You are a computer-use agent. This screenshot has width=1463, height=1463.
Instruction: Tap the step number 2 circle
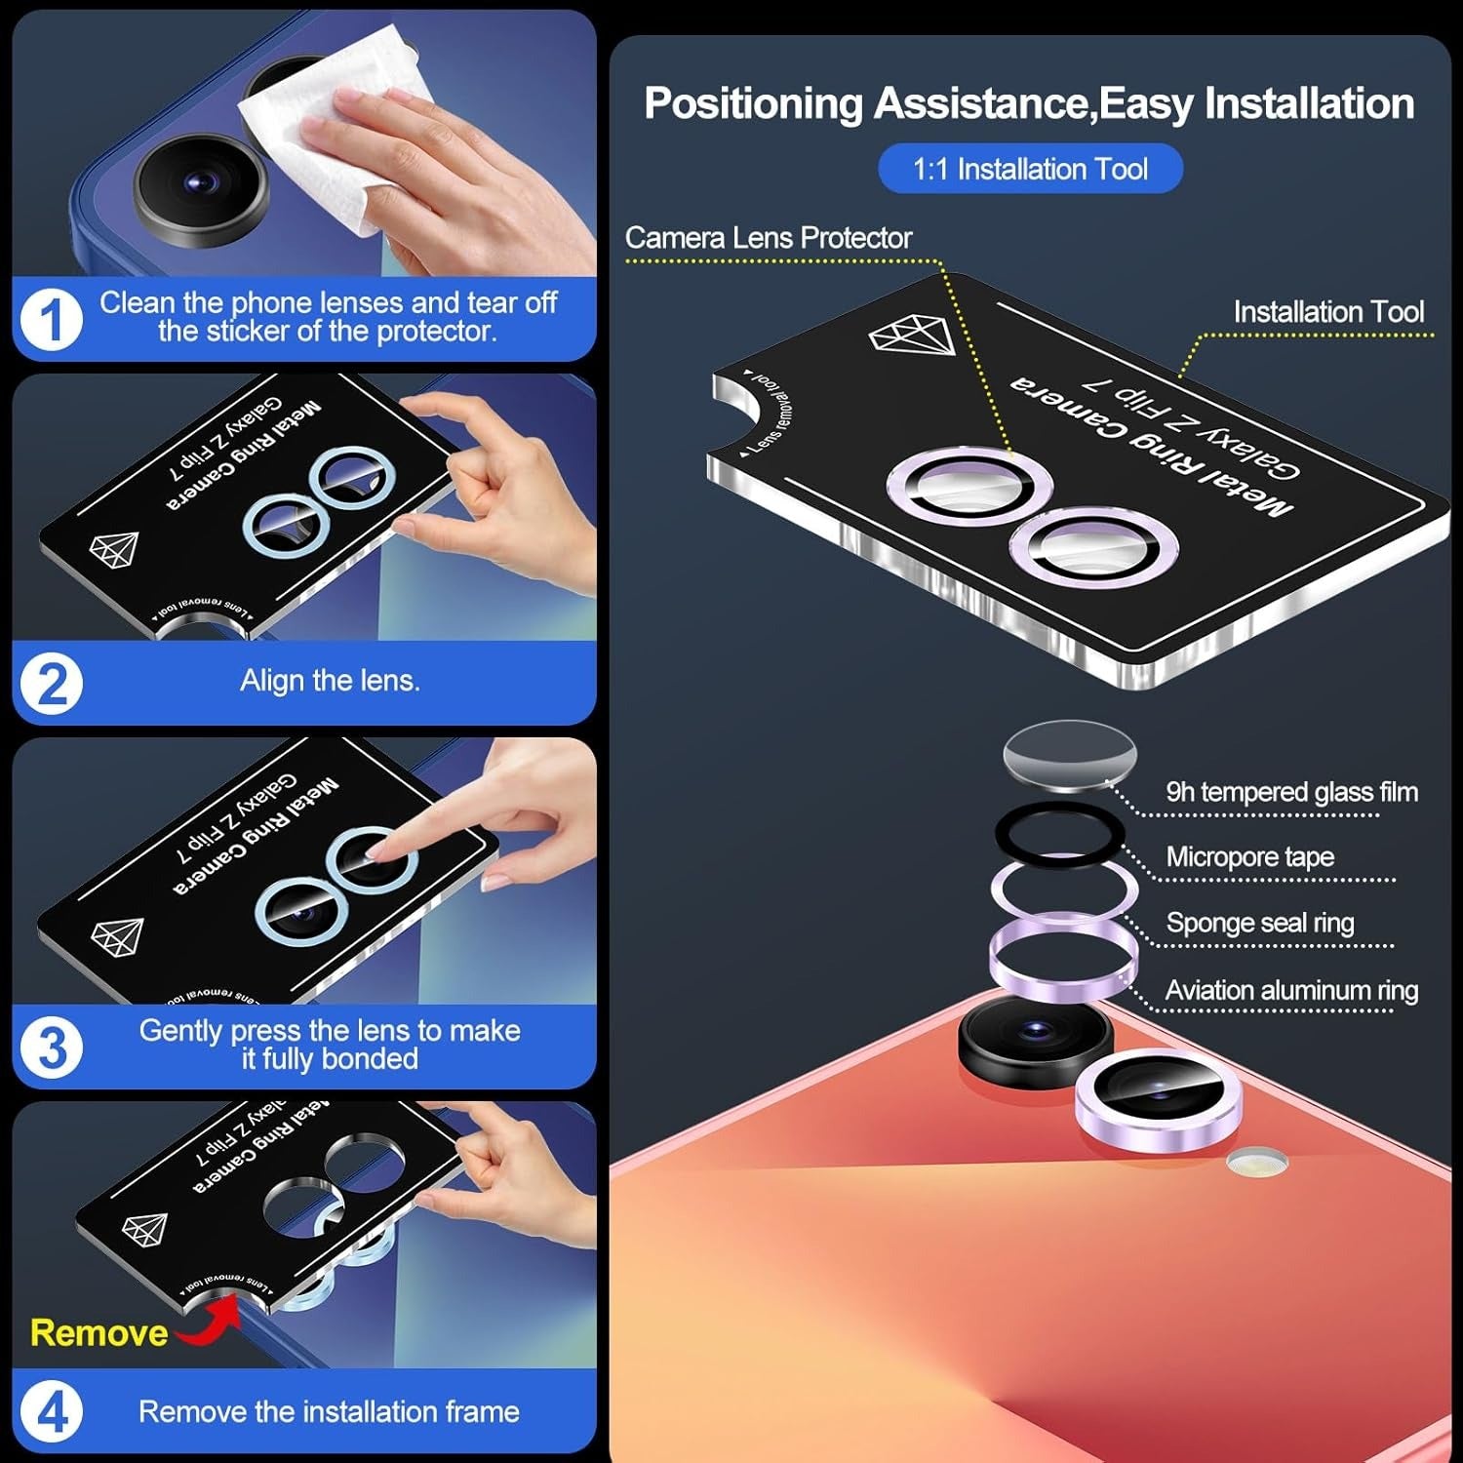[x=52, y=683]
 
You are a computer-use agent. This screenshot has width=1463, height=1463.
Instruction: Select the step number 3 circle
[x=52, y=1048]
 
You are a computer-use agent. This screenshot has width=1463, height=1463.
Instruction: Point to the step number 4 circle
[x=52, y=1411]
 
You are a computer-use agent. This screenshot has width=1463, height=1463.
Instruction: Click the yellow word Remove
[x=99, y=1332]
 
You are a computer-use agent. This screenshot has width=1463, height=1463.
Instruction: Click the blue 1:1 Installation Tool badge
[x=1030, y=169]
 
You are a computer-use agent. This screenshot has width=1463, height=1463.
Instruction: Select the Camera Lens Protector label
[x=769, y=237]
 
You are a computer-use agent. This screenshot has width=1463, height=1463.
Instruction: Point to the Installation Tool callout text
[x=1328, y=312]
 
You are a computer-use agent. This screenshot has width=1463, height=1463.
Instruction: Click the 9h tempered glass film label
[x=1291, y=792]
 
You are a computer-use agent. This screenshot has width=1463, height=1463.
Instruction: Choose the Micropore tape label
[x=1249, y=857]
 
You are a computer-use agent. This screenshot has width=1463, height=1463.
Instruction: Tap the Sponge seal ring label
[x=1260, y=923]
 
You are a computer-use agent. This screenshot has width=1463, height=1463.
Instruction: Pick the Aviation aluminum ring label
[x=1291, y=991]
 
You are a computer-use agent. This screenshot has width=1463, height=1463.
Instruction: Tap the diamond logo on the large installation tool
[x=912, y=336]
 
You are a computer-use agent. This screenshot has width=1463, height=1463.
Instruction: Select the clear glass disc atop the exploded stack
[x=1070, y=754]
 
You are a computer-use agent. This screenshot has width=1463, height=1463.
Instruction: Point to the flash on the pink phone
[x=1257, y=1161]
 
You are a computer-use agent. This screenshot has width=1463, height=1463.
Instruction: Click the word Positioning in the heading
[x=753, y=103]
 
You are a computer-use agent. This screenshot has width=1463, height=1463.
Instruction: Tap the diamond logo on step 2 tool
[x=114, y=549]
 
